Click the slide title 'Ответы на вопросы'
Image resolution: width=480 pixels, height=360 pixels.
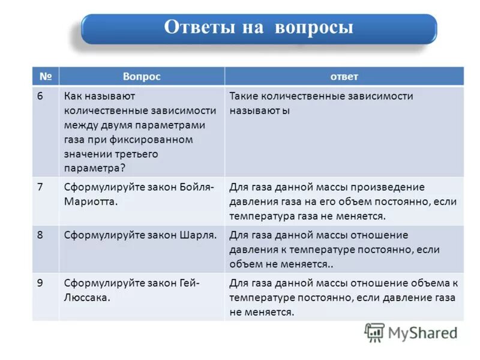259,28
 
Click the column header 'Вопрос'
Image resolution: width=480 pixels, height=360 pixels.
142,76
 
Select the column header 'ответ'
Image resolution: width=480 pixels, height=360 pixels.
344,76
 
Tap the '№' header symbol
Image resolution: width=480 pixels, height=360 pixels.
46,76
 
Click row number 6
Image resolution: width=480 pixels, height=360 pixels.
40,96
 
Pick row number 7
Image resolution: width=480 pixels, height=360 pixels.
40,187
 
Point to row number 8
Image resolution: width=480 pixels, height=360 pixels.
40,235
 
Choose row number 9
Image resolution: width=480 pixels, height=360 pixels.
40,283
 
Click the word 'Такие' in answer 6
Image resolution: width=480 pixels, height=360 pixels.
244,96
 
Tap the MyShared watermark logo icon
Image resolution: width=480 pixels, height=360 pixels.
374,333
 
